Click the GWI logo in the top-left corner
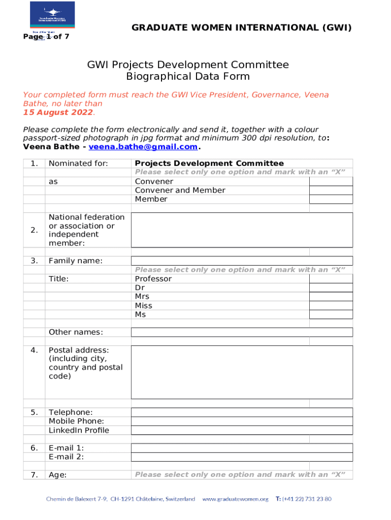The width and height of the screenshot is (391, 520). pyautogui.click(x=52, y=15)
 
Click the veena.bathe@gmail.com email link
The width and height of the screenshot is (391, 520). pyautogui.click(x=143, y=147)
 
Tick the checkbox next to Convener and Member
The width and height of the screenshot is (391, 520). pyautogui.click(x=331, y=190)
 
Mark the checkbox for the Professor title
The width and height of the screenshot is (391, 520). pyautogui.click(x=331, y=279)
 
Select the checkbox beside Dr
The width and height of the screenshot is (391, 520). pyautogui.click(x=331, y=288)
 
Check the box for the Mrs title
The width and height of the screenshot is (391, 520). pyautogui.click(x=331, y=297)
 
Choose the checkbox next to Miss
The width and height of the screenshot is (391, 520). pyautogui.click(x=331, y=306)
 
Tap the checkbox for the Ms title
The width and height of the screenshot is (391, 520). pyautogui.click(x=331, y=315)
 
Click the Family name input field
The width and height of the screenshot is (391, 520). pyautogui.click(x=242, y=261)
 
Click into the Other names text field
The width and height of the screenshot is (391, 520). pyautogui.click(x=242, y=332)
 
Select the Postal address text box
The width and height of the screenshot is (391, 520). pyautogui.click(x=242, y=372)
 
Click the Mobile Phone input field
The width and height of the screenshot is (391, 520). pyautogui.click(x=242, y=421)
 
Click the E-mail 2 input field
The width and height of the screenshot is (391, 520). pyautogui.click(x=242, y=457)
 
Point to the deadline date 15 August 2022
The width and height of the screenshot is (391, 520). pyautogui.click(x=58, y=112)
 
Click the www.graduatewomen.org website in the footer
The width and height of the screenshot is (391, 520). pyautogui.click(x=235, y=499)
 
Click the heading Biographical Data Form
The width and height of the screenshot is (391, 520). pyautogui.click(x=188, y=77)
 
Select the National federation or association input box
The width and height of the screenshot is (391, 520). pyautogui.click(x=242, y=230)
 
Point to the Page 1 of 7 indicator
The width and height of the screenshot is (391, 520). pyautogui.click(x=46, y=37)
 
